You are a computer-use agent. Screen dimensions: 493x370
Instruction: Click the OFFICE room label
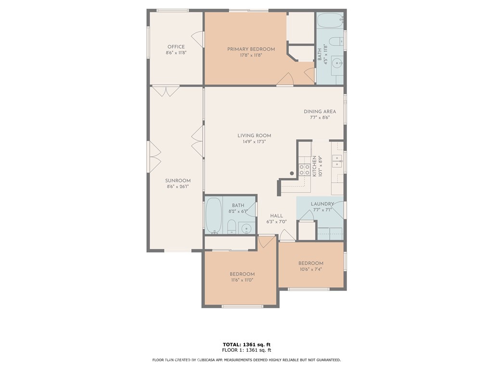pos(176,47)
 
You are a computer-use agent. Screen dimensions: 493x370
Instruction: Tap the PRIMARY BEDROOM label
pos(251,49)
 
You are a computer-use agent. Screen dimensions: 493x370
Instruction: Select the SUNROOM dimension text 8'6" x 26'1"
pos(178,186)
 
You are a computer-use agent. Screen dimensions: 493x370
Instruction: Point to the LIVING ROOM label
pos(254,135)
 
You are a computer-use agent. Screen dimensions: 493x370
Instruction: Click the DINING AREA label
pos(320,111)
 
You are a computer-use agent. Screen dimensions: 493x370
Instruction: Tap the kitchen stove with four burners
pos(304,170)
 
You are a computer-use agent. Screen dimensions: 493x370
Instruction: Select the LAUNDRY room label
pos(322,204)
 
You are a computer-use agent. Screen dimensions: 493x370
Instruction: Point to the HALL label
pos(276,216)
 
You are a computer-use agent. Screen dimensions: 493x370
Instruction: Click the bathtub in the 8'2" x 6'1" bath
pos(214,215)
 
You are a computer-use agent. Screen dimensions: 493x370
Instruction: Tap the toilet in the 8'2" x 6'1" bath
pos(232,226)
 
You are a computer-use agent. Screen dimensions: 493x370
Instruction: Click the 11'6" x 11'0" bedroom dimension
pos(242,280)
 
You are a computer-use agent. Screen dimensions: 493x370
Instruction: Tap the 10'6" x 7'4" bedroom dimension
pos(311,269)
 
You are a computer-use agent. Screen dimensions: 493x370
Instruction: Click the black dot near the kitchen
pos(292,173)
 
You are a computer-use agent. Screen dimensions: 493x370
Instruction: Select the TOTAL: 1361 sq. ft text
pos(246,344)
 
